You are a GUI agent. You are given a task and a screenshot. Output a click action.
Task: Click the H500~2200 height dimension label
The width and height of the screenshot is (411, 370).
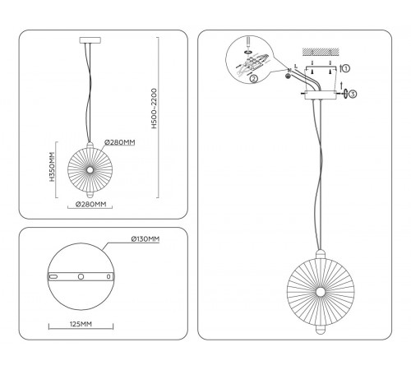(x=155, y=109)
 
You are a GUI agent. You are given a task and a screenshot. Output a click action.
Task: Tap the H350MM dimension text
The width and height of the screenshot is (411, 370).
(x=52, y=167)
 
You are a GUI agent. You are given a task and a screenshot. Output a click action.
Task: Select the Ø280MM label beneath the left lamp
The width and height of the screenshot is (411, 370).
(x=91, y=204)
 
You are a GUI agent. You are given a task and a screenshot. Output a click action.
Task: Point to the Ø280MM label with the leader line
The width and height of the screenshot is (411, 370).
(x=120, y=142)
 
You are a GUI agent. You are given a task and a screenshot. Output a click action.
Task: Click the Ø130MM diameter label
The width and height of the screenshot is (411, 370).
(x=145, y=239)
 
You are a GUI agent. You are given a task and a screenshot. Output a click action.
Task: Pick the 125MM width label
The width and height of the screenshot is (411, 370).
(x=81, y=324)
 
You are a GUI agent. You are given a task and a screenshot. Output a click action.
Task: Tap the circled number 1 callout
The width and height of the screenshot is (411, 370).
(x=346, y=68)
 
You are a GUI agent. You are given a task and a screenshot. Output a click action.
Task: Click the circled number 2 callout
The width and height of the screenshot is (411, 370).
(x=254, y=79)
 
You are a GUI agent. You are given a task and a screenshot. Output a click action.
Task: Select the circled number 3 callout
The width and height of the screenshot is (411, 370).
(x=353, y=94)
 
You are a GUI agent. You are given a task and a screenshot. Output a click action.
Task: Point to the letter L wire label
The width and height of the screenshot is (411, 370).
(x=296, y=66)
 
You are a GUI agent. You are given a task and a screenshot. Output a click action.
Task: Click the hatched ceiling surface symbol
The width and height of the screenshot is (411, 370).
(x=321, y=51)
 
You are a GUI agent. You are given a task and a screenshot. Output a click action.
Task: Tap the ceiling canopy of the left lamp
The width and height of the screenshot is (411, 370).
(x=90, y=40)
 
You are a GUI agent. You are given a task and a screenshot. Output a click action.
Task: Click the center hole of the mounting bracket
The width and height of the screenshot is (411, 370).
(x=81, y=276)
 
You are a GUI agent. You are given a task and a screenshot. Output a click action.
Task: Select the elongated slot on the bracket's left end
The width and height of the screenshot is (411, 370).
(x=53, y=276)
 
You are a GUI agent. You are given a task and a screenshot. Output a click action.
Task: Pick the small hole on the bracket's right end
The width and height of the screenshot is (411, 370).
(x=109, y=276)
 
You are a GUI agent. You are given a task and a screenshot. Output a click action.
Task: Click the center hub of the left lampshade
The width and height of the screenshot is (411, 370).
(x=90, y=170)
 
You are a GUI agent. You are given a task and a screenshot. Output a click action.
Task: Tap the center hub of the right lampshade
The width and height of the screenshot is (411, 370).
(x=320, y=292)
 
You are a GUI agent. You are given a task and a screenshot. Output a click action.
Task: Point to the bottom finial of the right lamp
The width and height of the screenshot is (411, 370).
(x=320, y=329)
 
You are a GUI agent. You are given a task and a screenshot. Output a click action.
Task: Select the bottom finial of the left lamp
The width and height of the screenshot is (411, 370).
(x=90, y=195)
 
